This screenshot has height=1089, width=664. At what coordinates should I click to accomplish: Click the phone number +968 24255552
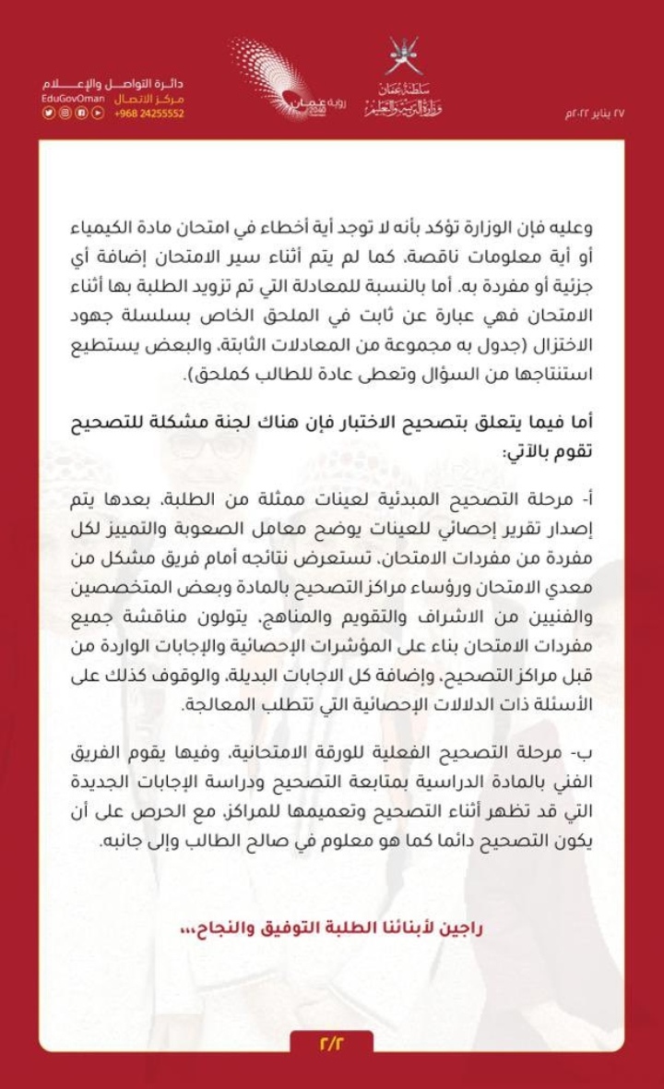pos(148,114)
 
